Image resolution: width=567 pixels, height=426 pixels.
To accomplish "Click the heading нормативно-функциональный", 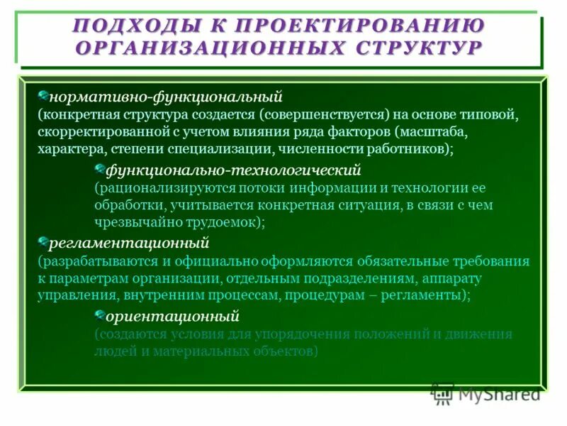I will [x=166, y=95].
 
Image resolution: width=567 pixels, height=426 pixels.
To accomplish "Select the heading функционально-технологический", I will [x=233, y=170].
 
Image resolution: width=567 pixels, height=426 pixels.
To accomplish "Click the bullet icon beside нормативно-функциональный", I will [x=43, y=94].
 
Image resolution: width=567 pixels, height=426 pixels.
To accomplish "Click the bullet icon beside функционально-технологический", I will [x=100, y=169].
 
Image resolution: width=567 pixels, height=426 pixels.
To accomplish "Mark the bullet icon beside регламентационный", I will [x=43, y=242].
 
